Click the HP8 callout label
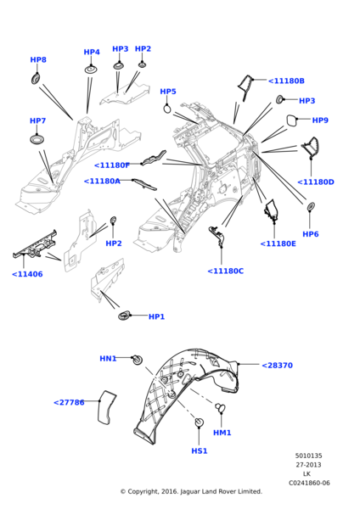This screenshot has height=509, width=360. coord(38,59)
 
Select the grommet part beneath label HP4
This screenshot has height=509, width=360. coord(92,70)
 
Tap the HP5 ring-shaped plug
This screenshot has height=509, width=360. coord(167,109)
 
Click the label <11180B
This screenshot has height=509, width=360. coord(286,81)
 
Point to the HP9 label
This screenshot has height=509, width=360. coord(320,120)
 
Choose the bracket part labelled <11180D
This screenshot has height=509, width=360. coord(311,148)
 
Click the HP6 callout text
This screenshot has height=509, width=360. coord(310,234)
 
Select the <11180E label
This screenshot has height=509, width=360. coord(278,243)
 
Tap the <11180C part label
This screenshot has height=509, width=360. coord(226,271)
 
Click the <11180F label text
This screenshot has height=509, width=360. coord(112,165)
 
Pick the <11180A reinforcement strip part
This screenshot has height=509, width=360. coord(144,184)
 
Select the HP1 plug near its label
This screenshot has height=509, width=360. coord(124,316)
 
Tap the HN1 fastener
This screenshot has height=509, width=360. coord(138,360)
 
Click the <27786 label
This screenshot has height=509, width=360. coord(69,402)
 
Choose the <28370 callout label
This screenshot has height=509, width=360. coord(277,366)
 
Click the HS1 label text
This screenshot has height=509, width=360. coord(200,451)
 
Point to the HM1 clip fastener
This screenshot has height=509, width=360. coord(220,407)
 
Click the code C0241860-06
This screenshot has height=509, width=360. coord(309,483)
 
